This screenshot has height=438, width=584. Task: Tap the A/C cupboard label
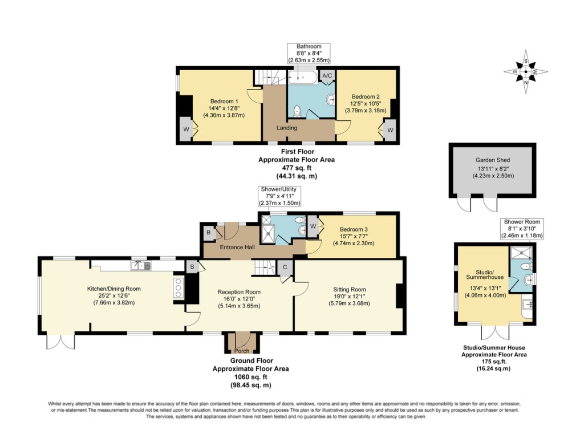(x=327, y=75)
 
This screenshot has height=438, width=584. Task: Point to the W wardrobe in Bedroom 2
(x=390, y=129)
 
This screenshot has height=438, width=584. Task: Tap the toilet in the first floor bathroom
(x=297, y=110)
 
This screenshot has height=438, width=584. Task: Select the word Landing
(x=287, y=128)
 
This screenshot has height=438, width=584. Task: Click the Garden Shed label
(x=493, y=160)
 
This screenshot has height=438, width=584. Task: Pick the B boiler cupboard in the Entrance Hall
(x=208, y=233)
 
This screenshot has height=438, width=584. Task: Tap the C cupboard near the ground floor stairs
(x=284, y=266)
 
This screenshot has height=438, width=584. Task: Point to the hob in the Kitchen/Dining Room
(x=177, y=288)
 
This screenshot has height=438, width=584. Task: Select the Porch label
(x=242, y=350)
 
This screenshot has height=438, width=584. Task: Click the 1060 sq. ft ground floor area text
(x=250, y=376)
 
